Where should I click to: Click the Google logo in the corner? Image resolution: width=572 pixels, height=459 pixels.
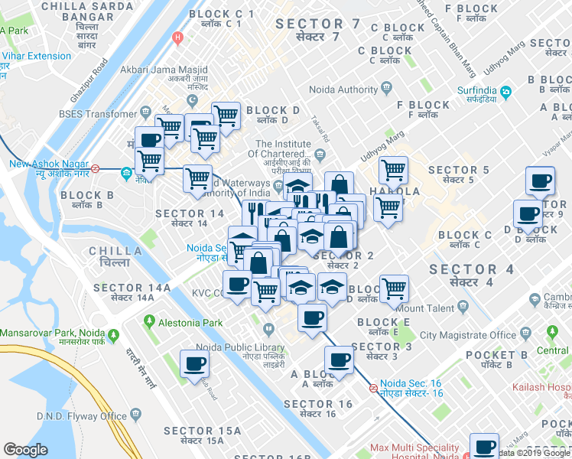tap(25, 451)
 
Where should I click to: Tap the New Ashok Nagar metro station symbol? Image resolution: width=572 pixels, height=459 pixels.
tap(96, 169)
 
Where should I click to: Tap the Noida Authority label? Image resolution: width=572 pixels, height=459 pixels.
tap(343, 90)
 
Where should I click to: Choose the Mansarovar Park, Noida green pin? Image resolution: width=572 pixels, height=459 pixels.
tap(113, 334)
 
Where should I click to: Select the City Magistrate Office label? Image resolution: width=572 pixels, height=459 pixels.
tap(467, 335)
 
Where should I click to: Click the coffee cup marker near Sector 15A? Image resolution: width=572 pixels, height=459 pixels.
tap(194, 363)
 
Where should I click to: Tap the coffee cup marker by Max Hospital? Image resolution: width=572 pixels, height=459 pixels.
tap(484, 447)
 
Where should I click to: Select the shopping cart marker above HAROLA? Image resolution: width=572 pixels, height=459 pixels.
tap(393, 170)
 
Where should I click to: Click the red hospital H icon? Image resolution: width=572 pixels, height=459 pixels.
tap(179, 37)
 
